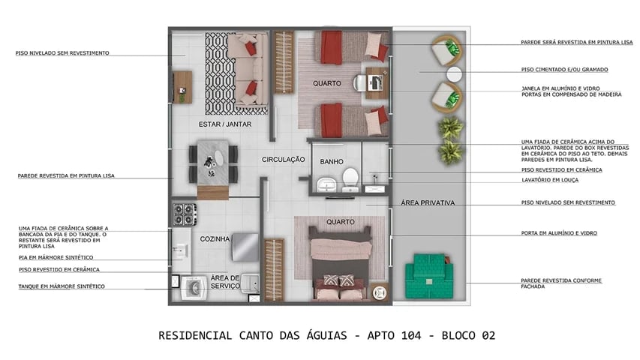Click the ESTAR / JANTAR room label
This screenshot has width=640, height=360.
coord(224,124)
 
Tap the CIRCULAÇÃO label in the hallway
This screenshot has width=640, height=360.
coord(283,159)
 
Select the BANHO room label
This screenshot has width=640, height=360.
coord(332,161)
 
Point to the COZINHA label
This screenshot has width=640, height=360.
coord(214,238)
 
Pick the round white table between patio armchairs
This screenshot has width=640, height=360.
coord(455,74)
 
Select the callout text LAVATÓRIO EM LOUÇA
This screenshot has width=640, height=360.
coord(554,181)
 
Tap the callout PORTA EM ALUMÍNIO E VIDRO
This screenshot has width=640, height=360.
coord(559,233)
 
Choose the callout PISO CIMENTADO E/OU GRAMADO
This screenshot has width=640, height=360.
coord(564,70)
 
